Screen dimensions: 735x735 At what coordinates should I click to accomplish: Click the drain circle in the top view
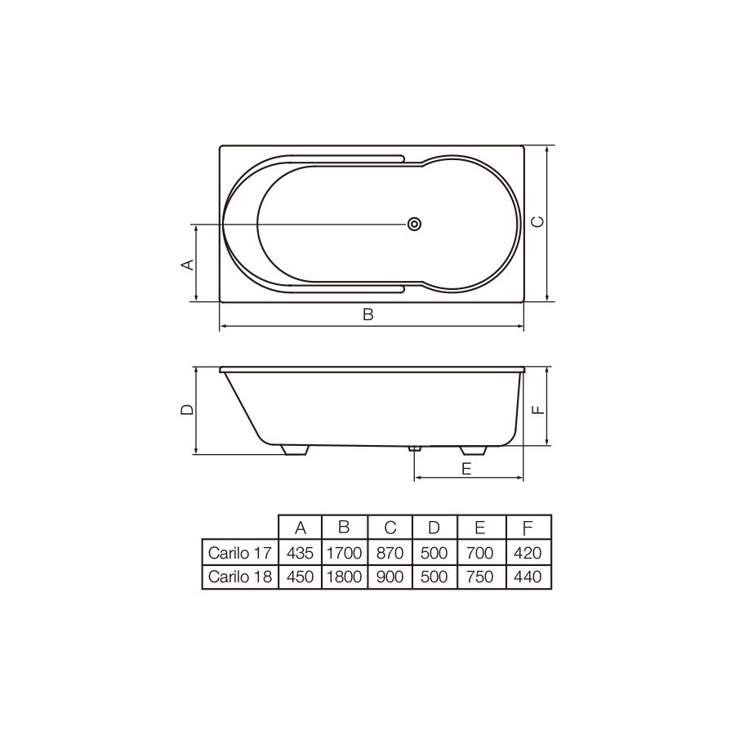tap(414, 224)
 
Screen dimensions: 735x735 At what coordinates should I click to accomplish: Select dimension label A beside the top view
tap(188, 265)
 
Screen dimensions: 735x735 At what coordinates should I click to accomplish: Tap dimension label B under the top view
tap(368, 314)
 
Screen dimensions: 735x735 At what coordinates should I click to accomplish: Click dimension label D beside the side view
tap(187, 409)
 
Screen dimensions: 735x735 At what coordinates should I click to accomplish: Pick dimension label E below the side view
tap(466, 468)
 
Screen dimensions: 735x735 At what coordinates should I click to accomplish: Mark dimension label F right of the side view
tap(539, 410)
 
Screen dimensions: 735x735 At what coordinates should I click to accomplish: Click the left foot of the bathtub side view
tap(296, 450)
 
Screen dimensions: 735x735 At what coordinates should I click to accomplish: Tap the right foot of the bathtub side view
tap(474, 450)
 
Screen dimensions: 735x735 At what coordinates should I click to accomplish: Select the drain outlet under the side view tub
tap(414, 448)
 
